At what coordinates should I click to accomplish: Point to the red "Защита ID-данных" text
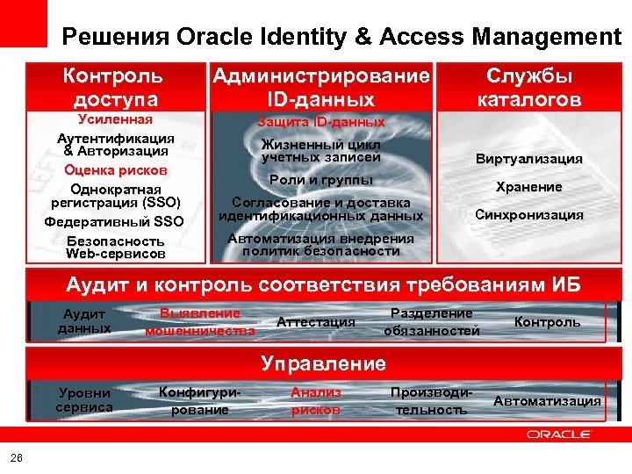point(320,122)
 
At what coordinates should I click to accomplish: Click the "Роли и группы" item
point(320,179)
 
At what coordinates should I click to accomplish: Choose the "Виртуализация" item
point(528,159)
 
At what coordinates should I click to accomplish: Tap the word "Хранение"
point(528,187)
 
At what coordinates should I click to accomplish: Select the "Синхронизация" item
point(528,214)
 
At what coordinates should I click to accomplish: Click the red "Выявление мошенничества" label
point(200,322)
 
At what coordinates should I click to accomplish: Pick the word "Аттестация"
point(316,322)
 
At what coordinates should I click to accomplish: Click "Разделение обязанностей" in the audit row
point(432,322)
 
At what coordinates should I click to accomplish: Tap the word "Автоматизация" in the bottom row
point(548,401)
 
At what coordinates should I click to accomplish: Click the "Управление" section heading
point(323,363)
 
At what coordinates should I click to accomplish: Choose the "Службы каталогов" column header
point(528,88)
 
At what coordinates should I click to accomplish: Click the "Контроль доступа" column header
point(111,88)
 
